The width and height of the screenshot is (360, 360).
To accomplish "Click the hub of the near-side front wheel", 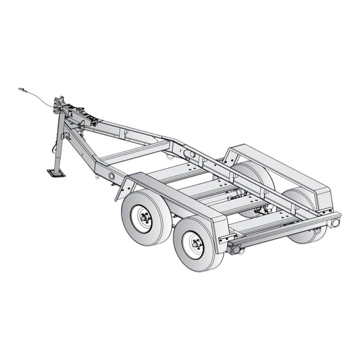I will pyautogui.click(x=142, y=218).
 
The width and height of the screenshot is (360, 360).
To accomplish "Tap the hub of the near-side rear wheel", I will pyautogui.click(x=194, y=245).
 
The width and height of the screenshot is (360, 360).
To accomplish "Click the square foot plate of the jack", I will pyautogui.click(x=56, y=173).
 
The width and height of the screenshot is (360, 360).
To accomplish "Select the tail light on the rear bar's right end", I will pyautogui.click(x=334, y=222).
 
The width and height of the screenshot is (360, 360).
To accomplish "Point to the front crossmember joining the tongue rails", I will pyautogui.click(x=132, y=153).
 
